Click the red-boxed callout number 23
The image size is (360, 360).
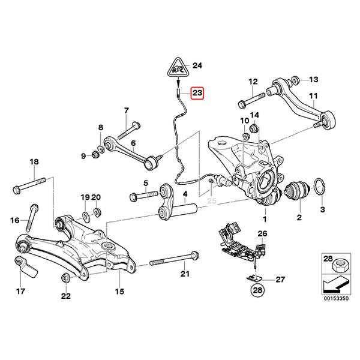(x=197, y=93)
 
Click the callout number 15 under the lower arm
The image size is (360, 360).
(x=119, y=292)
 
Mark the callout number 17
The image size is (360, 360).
(x=21, y=292)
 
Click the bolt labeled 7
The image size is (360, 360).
(x=132, y=128)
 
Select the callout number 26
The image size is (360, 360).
(x=262, y=233)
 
